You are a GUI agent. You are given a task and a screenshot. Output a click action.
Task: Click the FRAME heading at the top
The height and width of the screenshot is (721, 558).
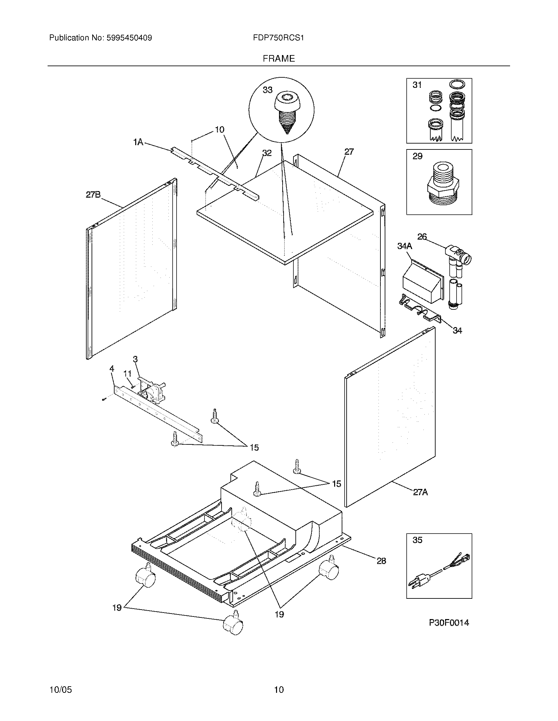tap(279, 58)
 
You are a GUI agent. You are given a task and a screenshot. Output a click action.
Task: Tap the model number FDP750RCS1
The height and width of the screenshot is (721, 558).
tap(278, 38)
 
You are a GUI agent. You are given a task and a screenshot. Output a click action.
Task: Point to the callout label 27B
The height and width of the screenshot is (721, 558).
tap(93, 195)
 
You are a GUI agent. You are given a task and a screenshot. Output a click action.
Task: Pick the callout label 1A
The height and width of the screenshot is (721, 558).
tap(138, 142)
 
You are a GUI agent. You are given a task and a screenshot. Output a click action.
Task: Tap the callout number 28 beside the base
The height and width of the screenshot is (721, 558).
tap(381, 561)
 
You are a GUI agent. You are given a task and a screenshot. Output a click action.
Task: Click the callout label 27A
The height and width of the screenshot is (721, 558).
tap(420, 501)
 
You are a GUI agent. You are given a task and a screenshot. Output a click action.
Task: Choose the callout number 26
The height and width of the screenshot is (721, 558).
tap(422, 237)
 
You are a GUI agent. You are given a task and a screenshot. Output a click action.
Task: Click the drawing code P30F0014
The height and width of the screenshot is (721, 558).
tap(449, 623)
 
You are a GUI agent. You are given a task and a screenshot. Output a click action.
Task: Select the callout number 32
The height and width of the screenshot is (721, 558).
tap(267, 153)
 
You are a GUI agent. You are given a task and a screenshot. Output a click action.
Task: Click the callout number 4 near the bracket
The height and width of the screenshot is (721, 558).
tap(112, 369)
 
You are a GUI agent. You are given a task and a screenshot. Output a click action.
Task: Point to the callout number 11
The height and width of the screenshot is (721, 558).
tap(127, 373)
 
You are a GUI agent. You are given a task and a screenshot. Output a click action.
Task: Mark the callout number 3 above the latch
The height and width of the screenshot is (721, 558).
tap(135, 359)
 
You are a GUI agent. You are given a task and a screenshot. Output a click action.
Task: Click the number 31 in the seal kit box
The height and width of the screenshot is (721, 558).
tap(417, 85)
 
